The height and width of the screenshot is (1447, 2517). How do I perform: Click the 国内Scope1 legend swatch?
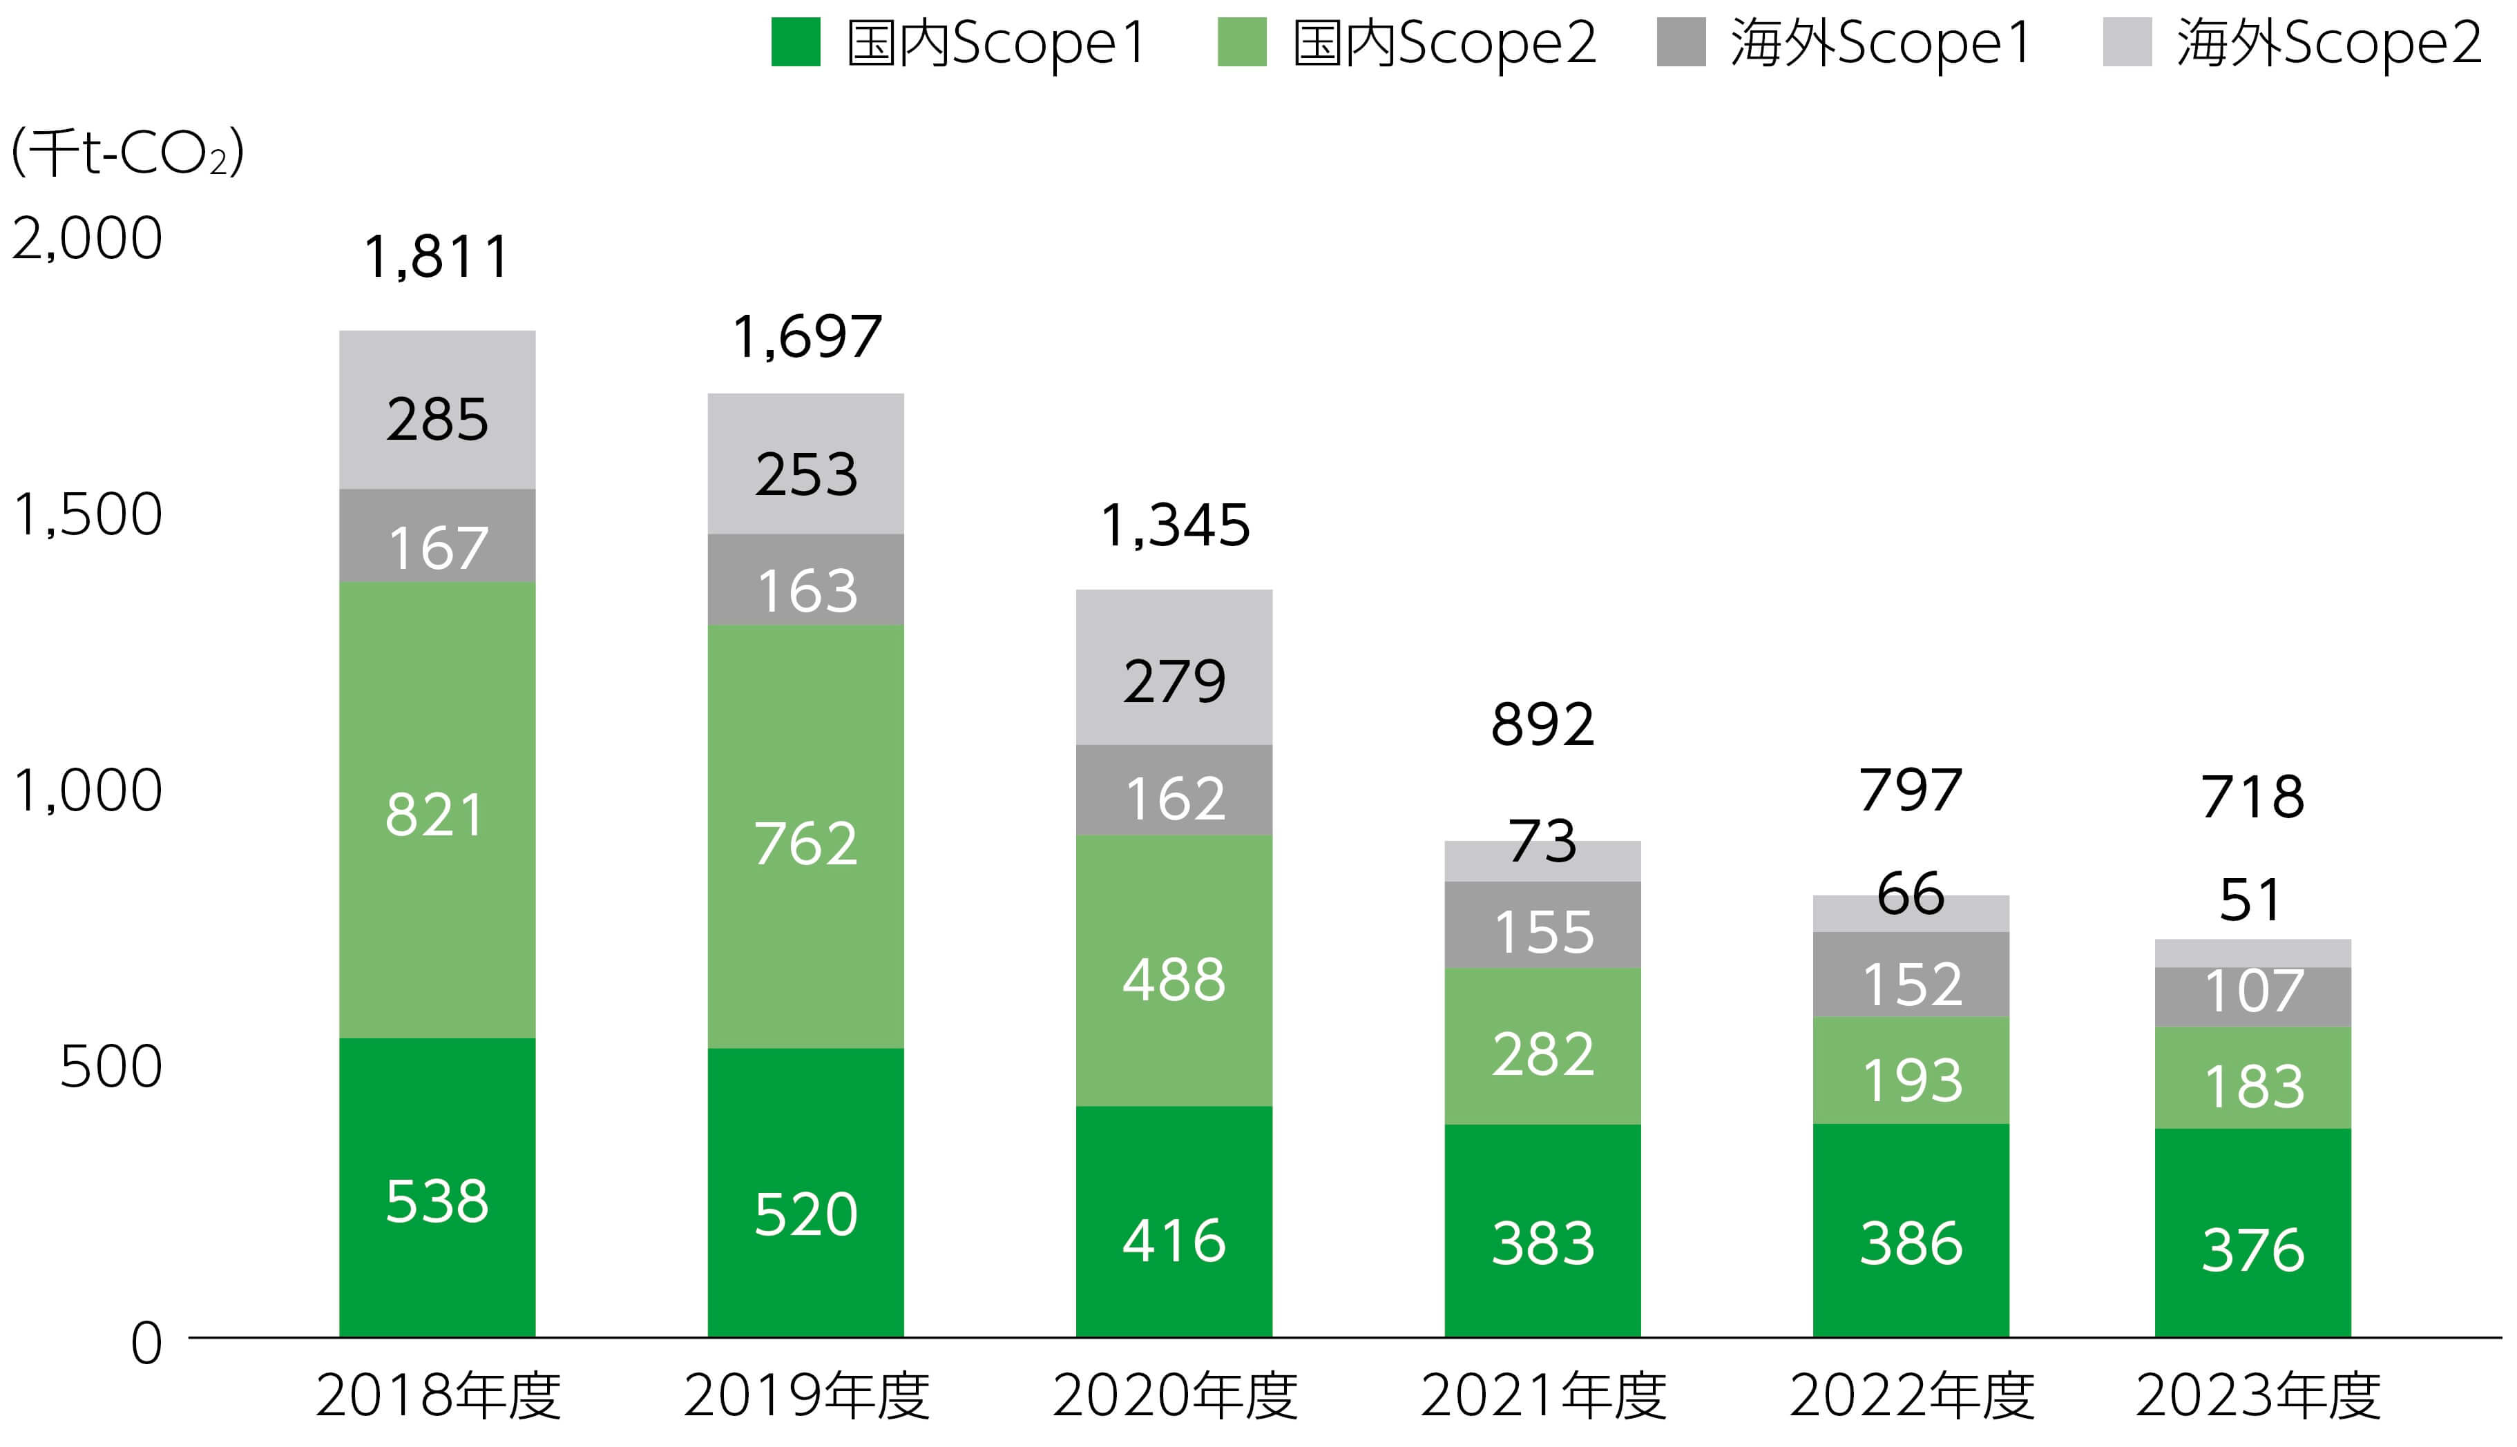click(795, 43)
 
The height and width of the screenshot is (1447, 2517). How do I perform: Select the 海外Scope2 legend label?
click(2328, 43)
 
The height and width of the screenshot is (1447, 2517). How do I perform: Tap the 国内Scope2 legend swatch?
click(1242, 43)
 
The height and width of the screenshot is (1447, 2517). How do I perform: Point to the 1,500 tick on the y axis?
click(88, 515)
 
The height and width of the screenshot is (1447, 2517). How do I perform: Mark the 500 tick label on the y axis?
click(111, 1067)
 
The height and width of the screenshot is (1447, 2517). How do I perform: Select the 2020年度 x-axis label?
click(1174, 1395)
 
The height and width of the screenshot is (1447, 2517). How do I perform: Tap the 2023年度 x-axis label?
click(2257, 1395)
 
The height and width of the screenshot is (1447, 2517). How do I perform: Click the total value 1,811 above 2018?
click(437, 258)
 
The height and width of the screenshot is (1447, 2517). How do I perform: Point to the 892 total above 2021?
click(1542, 724)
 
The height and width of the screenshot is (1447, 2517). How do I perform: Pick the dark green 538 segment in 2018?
click(437, 1187)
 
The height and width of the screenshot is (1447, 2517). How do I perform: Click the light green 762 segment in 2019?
click(805, 836)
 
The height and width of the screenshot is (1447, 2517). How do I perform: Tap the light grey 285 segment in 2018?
click(437, 409)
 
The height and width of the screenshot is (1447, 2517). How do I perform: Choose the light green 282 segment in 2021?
click(1542, 1047)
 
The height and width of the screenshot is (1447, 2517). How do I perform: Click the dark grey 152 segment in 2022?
click(1911, 975)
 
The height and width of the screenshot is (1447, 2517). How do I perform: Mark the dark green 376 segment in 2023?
click(2252, 1232)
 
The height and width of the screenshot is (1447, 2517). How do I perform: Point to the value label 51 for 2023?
click(2250, 900)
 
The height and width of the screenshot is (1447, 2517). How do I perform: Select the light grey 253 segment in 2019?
click(805, 464)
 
